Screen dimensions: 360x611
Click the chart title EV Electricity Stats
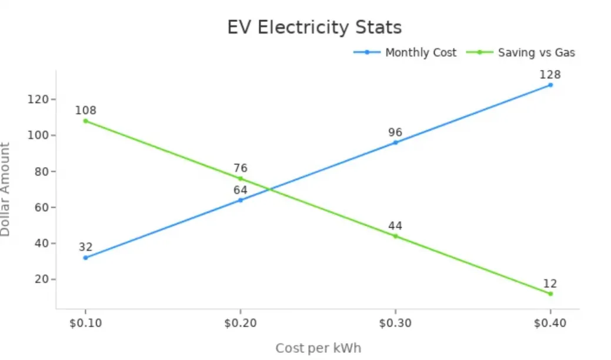pos(315,28)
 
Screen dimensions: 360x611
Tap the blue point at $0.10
pos(86,258)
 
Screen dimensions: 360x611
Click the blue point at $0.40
pos(550,85)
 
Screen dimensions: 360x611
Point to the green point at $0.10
pos(86,121)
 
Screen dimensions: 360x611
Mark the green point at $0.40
pos(550,294)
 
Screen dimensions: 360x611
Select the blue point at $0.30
pos(395,142)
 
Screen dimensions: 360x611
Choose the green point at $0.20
pos(241,178)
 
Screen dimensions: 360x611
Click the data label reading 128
pos(550,75)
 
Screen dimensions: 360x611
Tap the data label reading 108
pos(86,111)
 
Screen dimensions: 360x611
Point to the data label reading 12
pos(550,283)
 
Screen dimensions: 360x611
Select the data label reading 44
pos(395,226)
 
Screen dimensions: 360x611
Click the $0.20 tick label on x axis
pos(241,324)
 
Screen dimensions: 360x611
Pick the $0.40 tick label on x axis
pos(550,324)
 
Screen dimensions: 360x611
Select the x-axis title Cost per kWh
pos(318,348)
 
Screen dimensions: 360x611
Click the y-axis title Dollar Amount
pos(5,189)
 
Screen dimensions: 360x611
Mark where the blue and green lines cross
pos(269,189)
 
